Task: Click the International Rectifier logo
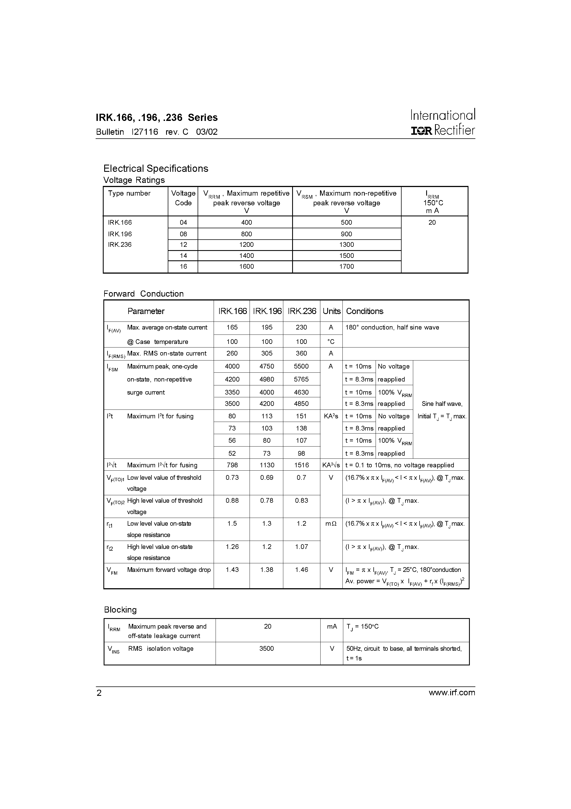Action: (443, 122)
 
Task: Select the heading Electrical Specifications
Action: (156, 168)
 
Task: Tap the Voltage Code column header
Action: (183, 198)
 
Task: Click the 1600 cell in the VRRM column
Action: (247, 266)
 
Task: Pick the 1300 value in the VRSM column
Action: (346, 245)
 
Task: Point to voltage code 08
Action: (183, 234)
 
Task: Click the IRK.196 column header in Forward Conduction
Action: (267, 311)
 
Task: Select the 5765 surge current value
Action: (301, 379)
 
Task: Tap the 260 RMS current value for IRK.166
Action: (232, 353)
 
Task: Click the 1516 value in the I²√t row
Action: (301, 465)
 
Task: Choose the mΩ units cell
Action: (331, 523)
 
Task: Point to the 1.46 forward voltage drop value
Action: (301, 569)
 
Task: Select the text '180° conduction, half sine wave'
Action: (392, 327)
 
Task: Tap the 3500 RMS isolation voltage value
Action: (266, 648)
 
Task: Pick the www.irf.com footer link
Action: (452, 692)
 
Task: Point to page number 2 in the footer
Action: (99, 693)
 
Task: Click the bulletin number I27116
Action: (145, 132)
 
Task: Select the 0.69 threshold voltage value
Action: (266, 478)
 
